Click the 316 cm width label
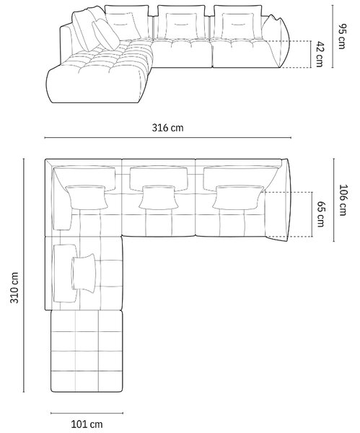click(167, 128)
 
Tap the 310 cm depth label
click(14, 287)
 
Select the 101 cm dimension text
click(87, 424)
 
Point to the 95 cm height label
click(341, 37)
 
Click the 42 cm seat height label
click(320, 54)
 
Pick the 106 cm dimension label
click(343, 200)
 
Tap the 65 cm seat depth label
click(320, 214)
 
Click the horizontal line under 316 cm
click(167, 137)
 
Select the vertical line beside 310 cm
click(24, 275)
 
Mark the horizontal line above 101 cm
click(87, 414)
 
